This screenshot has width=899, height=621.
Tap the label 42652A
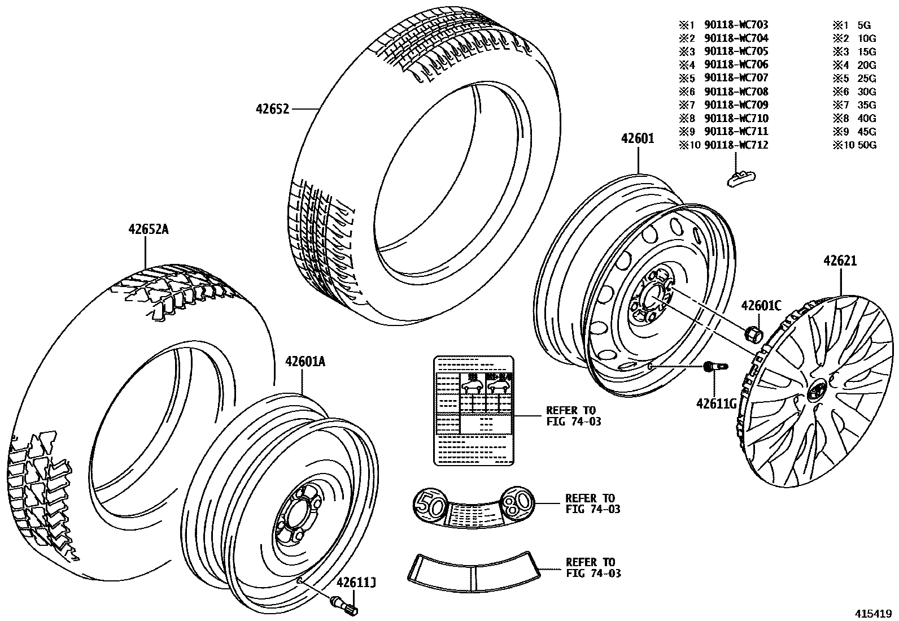point(149,229)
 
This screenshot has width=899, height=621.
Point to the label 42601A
point(305,362)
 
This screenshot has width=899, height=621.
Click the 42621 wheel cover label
point(840,261)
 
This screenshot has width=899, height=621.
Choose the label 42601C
point(761,306)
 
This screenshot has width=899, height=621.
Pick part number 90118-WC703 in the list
point(736,25)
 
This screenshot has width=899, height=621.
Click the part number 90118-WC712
point(736,145)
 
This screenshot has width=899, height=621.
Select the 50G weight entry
point(866,145)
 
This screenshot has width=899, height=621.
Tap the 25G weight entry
point(866,79)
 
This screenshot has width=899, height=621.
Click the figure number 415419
point(872,613)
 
